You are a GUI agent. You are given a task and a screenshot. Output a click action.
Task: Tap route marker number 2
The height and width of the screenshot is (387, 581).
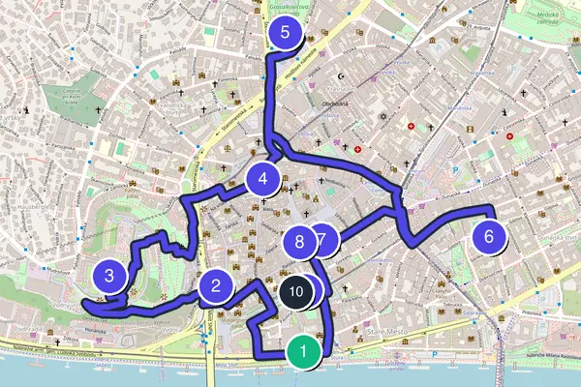(215, 285)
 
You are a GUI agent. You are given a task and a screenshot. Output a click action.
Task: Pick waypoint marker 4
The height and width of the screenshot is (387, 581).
(262, 178)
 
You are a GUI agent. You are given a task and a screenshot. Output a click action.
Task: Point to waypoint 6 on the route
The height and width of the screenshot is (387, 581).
(489, 235)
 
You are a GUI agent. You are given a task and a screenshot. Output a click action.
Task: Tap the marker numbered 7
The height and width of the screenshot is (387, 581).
(323, 239)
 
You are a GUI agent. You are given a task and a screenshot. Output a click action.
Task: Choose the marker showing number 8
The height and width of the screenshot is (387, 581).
(300, 241)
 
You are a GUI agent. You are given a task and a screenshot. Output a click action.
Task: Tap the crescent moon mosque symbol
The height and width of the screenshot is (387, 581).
(343, 74)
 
